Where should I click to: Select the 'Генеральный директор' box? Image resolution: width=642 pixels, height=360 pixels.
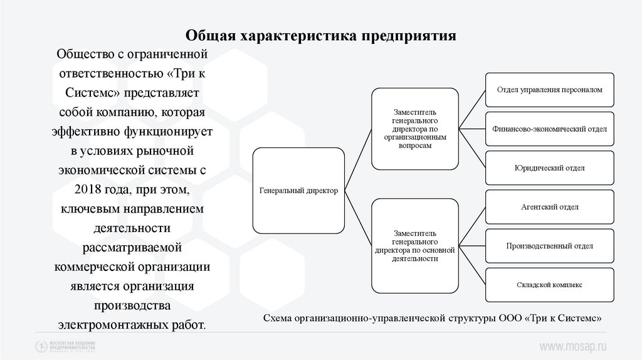point(298,191)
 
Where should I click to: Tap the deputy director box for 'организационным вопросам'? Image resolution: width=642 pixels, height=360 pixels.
point(414,129)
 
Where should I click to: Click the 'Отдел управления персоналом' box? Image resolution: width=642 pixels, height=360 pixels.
point(549,90)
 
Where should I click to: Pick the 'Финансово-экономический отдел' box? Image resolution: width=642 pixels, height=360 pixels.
point(549,129)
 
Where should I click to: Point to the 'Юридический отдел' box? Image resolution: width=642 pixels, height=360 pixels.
point(549,168)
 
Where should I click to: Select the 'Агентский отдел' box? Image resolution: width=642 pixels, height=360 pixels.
point(549,207)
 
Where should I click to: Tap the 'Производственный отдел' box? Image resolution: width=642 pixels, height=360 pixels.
point(549,246)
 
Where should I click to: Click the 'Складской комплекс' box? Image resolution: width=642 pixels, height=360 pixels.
point(549,285)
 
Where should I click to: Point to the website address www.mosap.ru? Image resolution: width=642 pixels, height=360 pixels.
point(574,346)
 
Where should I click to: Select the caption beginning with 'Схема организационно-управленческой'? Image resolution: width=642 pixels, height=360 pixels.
point(433,318)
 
